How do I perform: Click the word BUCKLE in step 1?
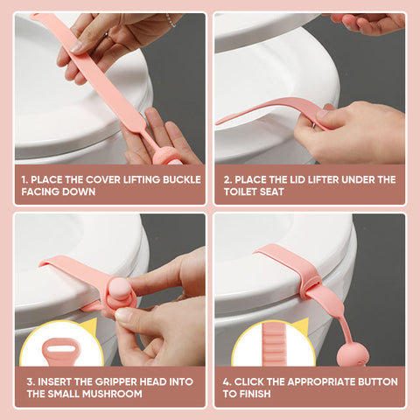coord(182,179)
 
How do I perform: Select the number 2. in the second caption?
coord(227,179)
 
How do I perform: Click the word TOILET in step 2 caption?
coord(241,192)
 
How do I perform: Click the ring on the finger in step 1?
coord(106,34)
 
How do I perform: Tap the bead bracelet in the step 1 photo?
coord(171,20)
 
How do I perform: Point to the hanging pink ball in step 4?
coord(353,356)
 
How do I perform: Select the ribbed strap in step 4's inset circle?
coord(273,344)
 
